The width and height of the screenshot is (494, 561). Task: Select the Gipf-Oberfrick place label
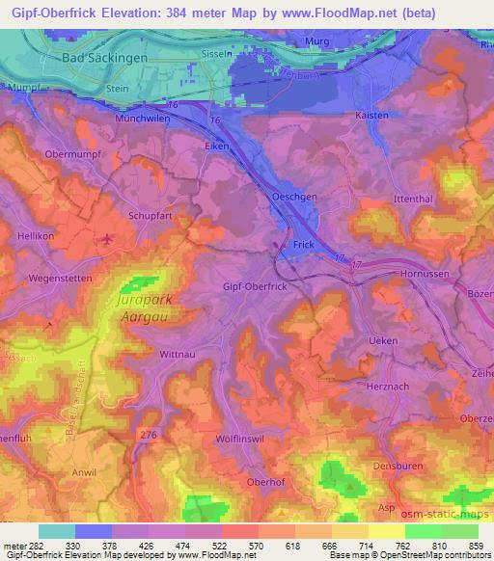[256, 287]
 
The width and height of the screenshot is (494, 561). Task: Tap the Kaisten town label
[371, 115]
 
